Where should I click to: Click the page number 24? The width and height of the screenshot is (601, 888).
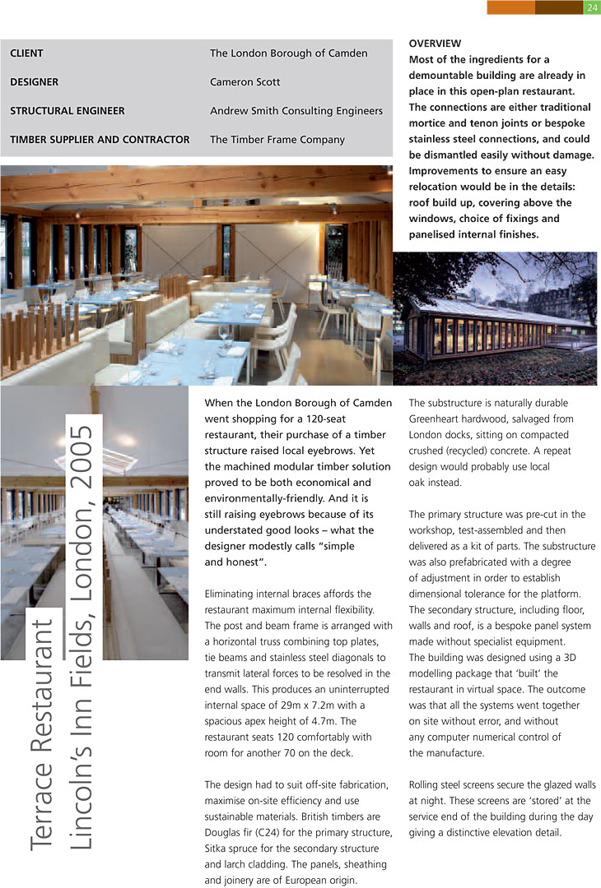[x=591, y=8]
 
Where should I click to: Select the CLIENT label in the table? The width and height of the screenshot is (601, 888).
[x=26, y=53]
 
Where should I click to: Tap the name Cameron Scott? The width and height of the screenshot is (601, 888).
[x=245, y=82]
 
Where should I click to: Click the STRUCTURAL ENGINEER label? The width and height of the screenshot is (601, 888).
[x=68, y=111]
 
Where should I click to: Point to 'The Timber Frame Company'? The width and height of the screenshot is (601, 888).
[x=277, y=140]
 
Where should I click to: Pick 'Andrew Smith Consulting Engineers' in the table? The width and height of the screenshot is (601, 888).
[x=296, y=111]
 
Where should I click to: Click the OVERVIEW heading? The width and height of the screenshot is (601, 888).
[x=436, y=44]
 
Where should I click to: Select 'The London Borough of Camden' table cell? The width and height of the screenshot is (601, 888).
[x=288, y=53]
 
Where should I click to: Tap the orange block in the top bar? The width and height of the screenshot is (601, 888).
[x=510, y=8]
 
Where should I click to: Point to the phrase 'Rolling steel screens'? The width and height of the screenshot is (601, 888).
[x=458, y=785]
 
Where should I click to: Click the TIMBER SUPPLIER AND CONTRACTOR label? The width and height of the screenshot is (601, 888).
[x=100, y=140]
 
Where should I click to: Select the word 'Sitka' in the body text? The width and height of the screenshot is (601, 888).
[x=219, y=849]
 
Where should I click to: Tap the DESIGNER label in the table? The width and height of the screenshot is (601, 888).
[x=34, y=82]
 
